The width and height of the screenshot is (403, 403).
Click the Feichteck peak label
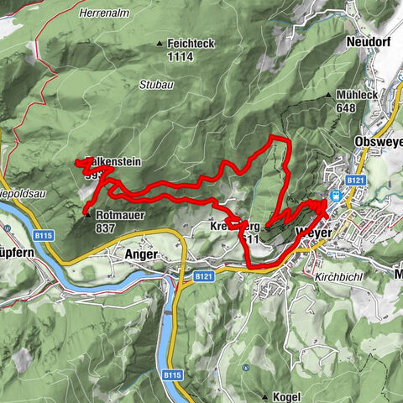click(x=192, y=43)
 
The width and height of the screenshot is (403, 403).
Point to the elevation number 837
click(x=106, y=228)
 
